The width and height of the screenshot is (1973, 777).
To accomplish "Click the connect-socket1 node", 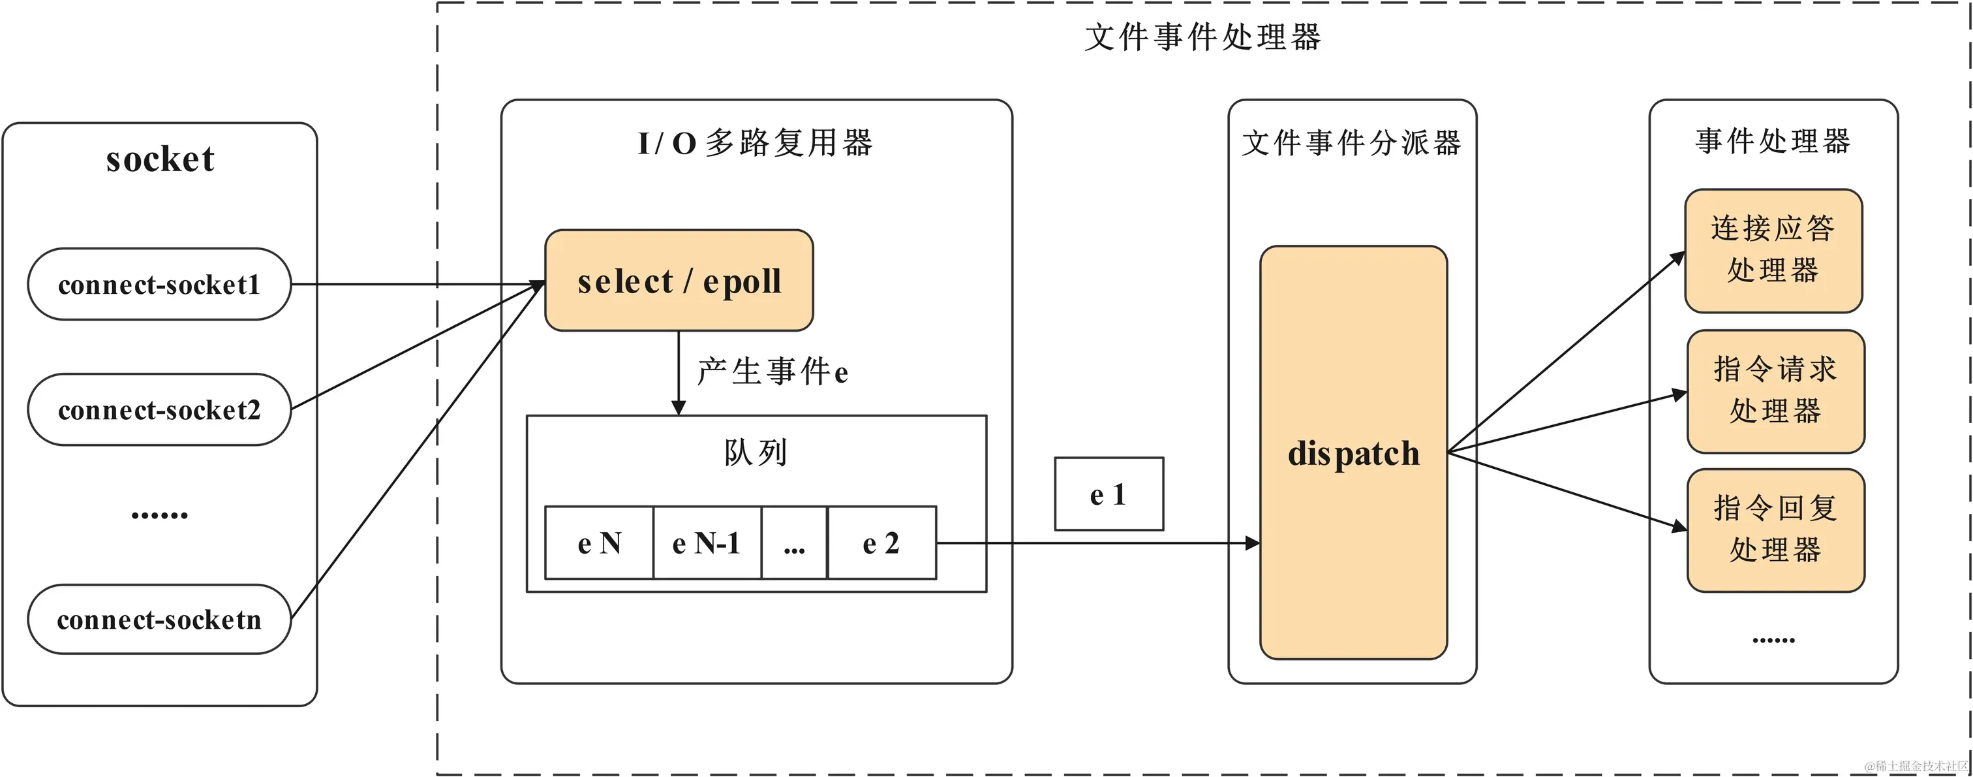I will (x=159, y=284).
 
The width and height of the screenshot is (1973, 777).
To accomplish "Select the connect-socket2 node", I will (x=159, y=410).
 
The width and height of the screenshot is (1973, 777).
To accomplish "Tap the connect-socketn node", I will (x=159, y=619).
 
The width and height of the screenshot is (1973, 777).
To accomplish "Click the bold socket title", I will (x=160, y=159).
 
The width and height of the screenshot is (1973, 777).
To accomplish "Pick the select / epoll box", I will (x=679, y=281).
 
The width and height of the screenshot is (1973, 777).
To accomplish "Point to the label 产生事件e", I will (x=772, y=372).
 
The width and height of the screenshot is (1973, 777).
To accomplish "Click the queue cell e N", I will (x=599, y=543).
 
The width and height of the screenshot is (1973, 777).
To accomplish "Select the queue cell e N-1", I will (x=706, y=543).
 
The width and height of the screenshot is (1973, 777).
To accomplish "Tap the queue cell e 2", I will (x=881, y=543).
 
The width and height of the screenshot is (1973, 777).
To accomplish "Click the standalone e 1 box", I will (x=1109, y=494).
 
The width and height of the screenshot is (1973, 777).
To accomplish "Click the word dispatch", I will (x=1353, y=453).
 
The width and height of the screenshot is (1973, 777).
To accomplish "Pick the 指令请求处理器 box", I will (x=1775, y=391).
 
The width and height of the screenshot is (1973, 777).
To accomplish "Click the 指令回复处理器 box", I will (x=1775, y=530).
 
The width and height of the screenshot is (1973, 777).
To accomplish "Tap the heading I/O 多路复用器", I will (x=755, y=143).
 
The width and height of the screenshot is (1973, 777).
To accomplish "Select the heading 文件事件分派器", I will (x=1351, y=143).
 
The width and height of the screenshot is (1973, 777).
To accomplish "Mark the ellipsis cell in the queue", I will (x=794, y=543).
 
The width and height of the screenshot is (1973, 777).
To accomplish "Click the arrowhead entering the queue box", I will (x=679, y=407).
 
